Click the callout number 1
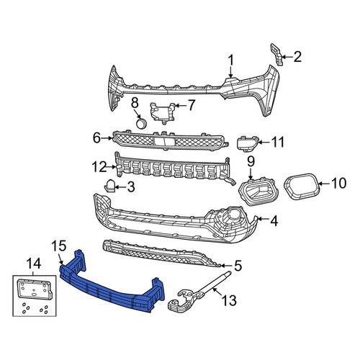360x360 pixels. coord(230,60)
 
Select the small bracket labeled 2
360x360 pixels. coord(276,54)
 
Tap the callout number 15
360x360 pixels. coord(59,246)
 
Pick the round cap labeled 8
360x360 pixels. coord(141,123)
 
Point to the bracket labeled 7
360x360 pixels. coord(163,113)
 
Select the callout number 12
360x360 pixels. coord(99,167)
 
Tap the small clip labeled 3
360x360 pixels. coord(109,186)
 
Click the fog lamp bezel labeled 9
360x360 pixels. coord(258,192)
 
